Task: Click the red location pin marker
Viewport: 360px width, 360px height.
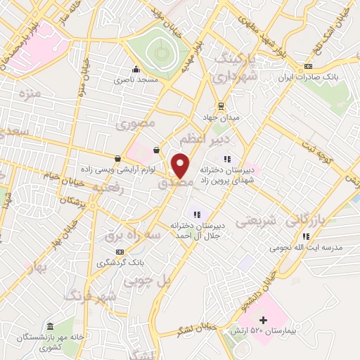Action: pyautogui.click(x=181, y=165)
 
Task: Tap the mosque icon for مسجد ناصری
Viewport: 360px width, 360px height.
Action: pyautogui.click(x=136, y=70)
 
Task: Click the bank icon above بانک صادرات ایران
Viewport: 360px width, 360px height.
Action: pyautogui.click(x=308, y=67)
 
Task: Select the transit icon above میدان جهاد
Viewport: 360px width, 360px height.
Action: pyautogui.click(x=221, y=105)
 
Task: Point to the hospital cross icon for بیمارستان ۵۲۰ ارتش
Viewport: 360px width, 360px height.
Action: pyautogui.click(x=263, y=321)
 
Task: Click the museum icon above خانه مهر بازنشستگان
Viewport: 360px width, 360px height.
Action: pyautogui.click(x=50, y=326)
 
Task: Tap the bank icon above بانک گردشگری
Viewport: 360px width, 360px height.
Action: pyautogui.click(x=120, y=251)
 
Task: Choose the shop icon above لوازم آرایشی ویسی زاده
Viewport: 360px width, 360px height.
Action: pyautogui.click(x=117, y=158)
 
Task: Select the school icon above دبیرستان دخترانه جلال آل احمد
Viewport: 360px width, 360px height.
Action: pyautogui.click(x=198, y=214)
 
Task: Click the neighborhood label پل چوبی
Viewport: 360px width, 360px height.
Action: pyautogui.click(x=146, y=280)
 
